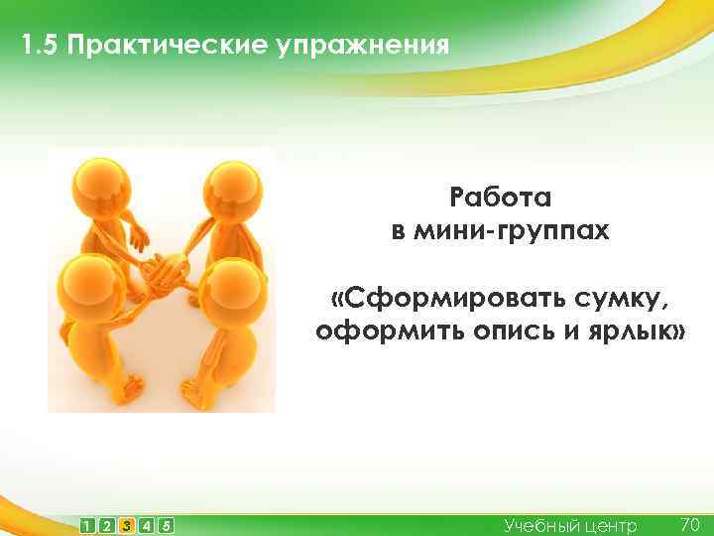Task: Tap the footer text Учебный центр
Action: point(570,525)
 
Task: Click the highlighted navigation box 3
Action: point(126,525)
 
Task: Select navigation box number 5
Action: point(166,525)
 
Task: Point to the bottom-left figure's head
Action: point(86,284)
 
